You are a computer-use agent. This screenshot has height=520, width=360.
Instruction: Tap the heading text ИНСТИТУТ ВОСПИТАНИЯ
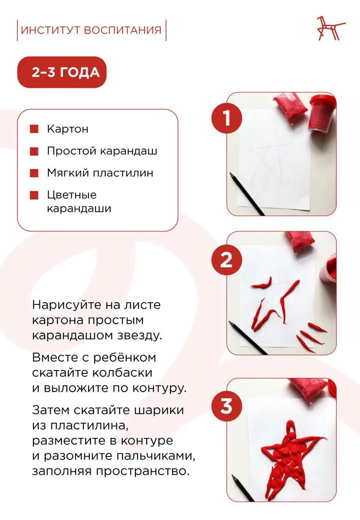click(x=91, y=30)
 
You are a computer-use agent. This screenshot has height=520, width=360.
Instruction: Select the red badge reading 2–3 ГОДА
click(x=62, y=72)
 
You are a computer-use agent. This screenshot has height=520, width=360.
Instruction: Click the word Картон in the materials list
click(x=67, y=129)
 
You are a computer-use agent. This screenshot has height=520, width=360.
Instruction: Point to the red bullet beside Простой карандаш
click(x=34, y=151)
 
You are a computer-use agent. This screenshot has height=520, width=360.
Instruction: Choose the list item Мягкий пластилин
click(x=100, y=173)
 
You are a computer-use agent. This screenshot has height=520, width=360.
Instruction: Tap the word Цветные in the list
click(x=72, y=195)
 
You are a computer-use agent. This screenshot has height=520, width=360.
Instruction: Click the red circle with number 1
click(x=226, y=118)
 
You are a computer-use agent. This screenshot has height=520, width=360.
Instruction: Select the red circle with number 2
click(x=226, y=260)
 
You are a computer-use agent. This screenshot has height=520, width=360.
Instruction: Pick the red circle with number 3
click(x=226, y=406)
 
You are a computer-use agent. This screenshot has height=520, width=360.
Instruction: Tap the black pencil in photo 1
click(x=247, y=194)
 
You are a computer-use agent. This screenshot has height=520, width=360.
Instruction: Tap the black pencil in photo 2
click(x=247, y=338)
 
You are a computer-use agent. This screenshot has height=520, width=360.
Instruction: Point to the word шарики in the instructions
click(x=158, y=410)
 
